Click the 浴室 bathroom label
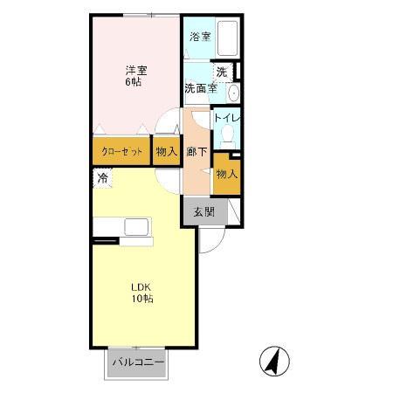point(200,37)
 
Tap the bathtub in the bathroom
point(228,38)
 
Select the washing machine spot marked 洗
point(222,72)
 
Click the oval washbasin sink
point(233,93)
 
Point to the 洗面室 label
point(201,88)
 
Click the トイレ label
point(227,118)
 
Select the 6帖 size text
point(134,82)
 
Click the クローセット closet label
point(122,152)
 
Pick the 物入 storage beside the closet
point(167,151)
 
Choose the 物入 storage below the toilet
point(227,174)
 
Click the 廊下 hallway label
point(196,151)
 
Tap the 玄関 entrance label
point(204,212)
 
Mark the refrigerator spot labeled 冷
point(102,178)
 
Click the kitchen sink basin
point(136,227)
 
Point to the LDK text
point(141,287)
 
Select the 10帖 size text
point(142,299)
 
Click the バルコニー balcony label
point(139,362)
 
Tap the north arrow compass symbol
point(274,361)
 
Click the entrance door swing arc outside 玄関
point(217,245)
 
